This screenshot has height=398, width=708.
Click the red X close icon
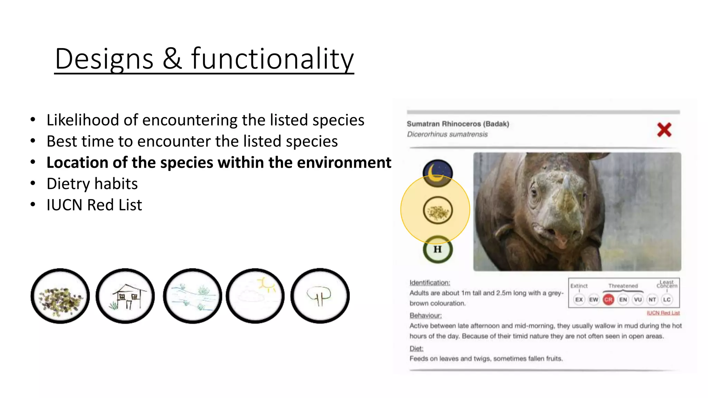coord(664,130)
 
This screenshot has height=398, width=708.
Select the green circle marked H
coord(438,249)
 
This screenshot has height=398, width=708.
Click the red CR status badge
coord(608,300)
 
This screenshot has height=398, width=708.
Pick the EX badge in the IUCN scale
coord(579,300)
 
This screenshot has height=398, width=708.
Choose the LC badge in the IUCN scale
coord(667,300)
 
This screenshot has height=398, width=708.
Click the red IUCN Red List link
coord(663,313)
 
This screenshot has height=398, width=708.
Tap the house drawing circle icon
coord(125,296)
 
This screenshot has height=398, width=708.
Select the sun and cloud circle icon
coord(255,296)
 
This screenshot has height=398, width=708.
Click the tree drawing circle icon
coord(320,296)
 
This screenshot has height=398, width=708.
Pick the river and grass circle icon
coord(192,296)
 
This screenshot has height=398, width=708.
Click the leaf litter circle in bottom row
coord(60,296)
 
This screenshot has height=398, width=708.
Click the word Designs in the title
coord(104,59)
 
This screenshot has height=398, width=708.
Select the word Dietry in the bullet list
coord(68,184)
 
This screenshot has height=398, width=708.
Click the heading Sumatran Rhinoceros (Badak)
coord(458,124)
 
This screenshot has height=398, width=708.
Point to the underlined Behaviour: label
coord(426,316)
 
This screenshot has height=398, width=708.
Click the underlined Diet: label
coord(416,349)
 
